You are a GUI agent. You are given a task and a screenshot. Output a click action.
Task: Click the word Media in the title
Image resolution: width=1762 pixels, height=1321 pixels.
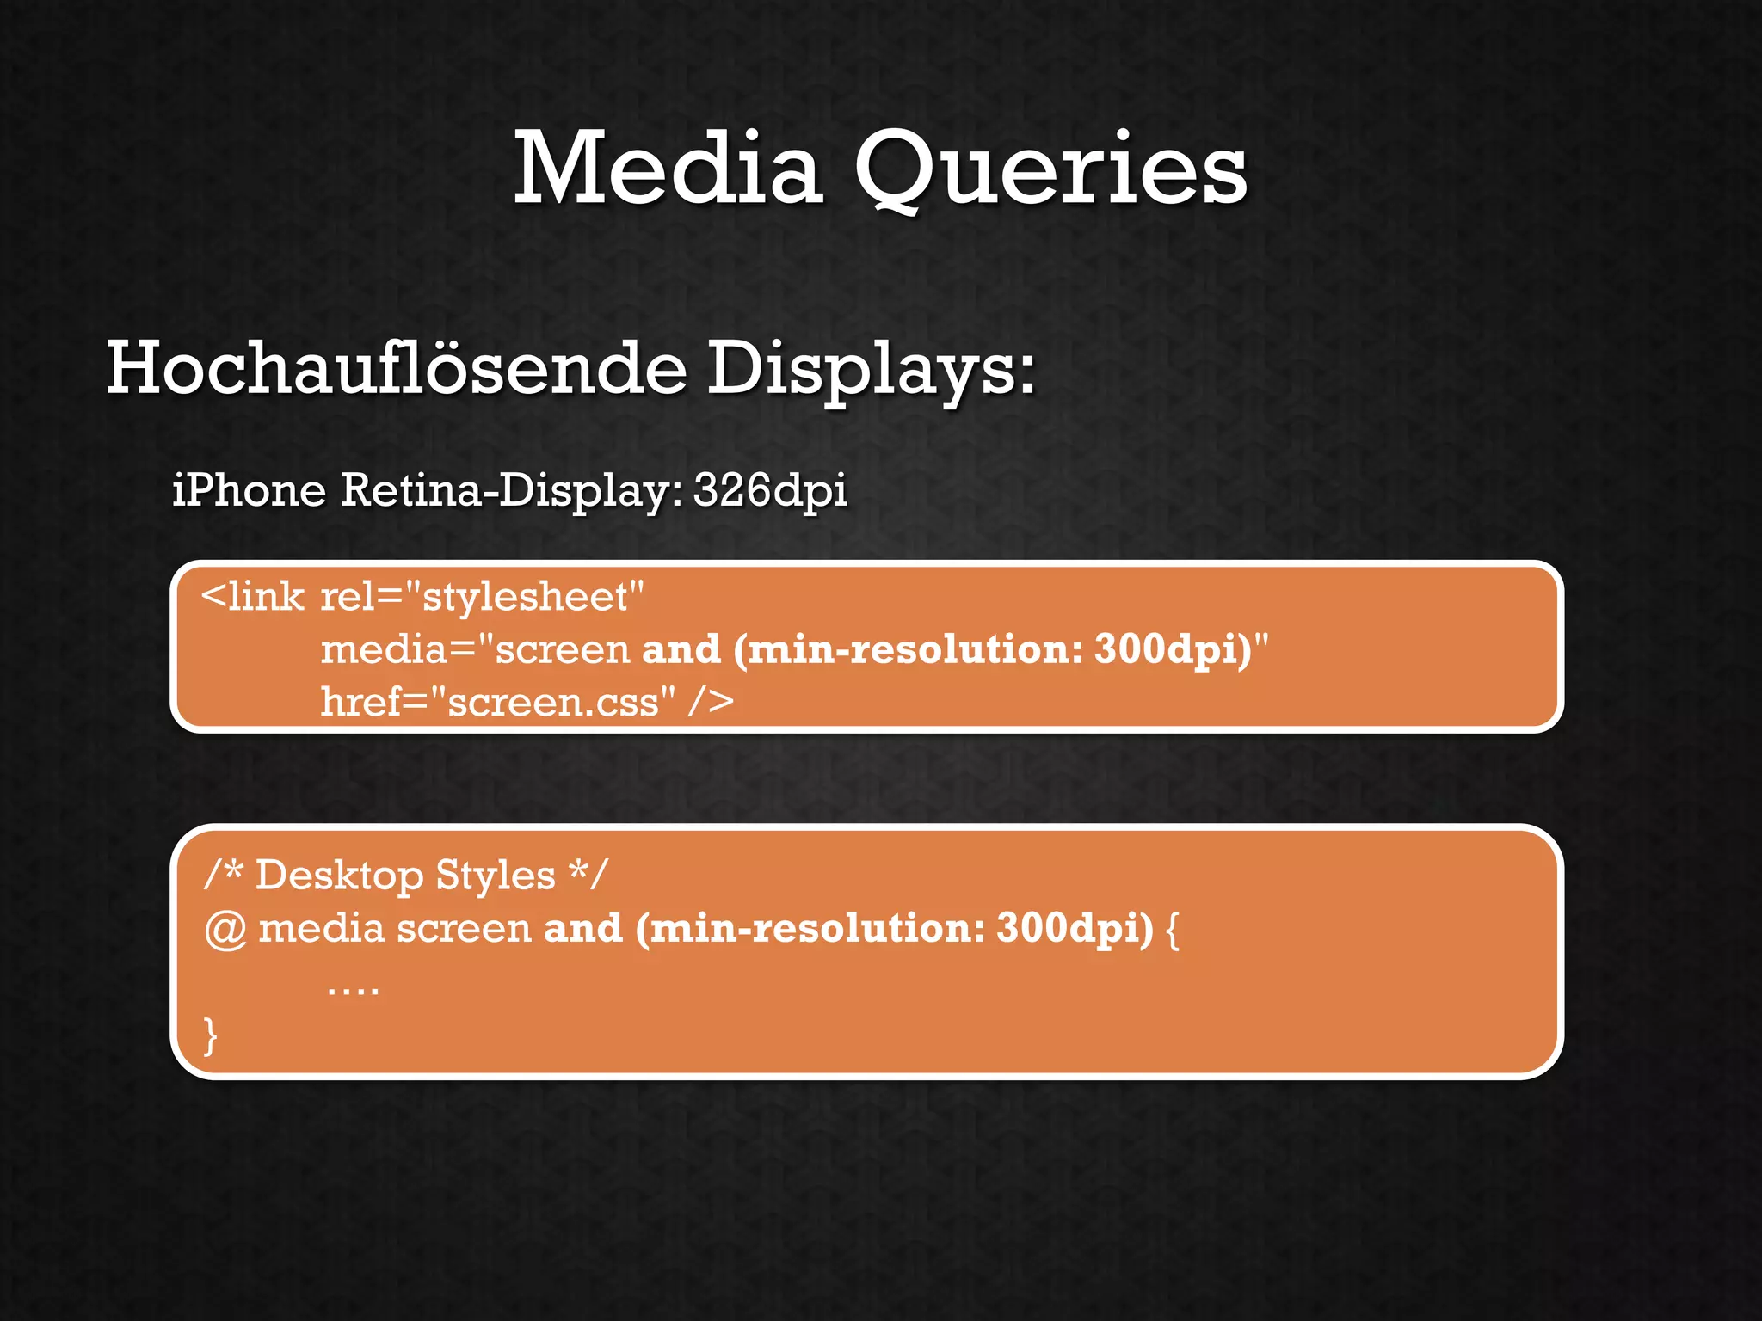pyautogui.click(x=668, y=169)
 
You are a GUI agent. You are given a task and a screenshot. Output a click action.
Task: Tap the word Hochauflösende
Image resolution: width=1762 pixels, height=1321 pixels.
pyautogui.click(x=396, y=368)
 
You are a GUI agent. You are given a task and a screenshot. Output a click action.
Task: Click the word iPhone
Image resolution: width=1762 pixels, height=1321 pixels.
pyautogui.click(x=250, y=491)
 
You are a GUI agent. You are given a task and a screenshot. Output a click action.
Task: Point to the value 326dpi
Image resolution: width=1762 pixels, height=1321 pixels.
pyautogui.click(x=770, y=491)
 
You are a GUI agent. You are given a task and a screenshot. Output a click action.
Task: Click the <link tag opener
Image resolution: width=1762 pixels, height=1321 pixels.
pyautogui.click(x=252, y=597)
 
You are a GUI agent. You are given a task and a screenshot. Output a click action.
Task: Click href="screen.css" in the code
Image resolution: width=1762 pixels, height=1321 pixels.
pyautogui.click(x=497, y=702)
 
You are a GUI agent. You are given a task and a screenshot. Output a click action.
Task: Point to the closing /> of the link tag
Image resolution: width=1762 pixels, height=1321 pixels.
pyautogui.click(x=711, y=702)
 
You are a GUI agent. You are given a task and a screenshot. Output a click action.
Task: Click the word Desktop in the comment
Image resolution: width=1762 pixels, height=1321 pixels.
pyautogui.click(x=339, y=876)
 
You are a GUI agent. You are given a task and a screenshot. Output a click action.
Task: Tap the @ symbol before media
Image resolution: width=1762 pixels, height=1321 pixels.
pyautogui.click(x=225, y=930)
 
